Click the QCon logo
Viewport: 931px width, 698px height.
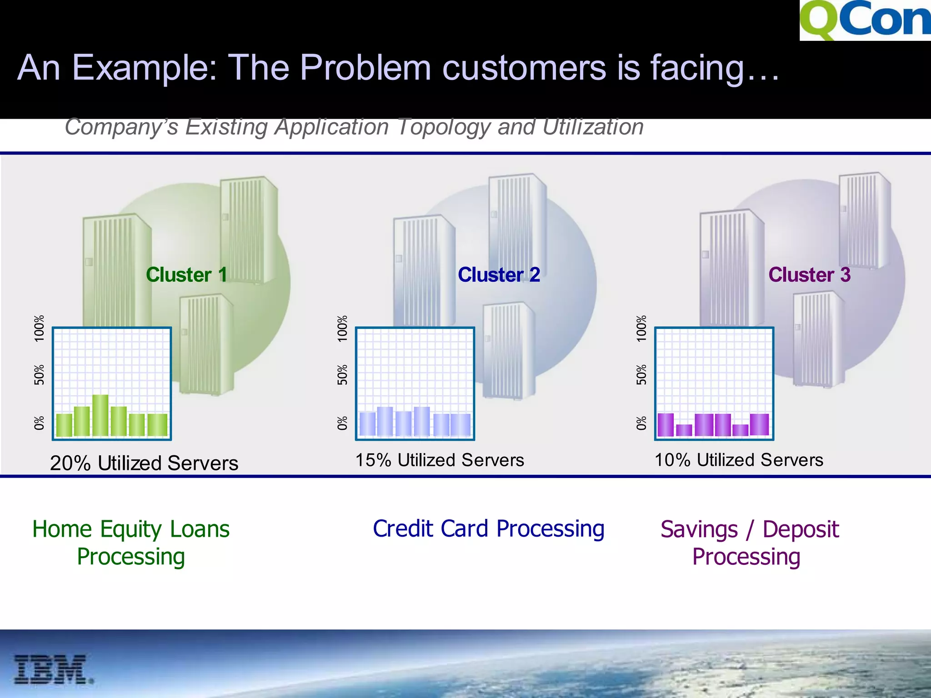865,20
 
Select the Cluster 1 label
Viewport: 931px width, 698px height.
186,274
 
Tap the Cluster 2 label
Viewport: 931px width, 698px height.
499,274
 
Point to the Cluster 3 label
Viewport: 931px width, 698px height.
809,274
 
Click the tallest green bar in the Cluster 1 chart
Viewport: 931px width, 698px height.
100,415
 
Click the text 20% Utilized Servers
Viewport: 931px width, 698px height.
144,463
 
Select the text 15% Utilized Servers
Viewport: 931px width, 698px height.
439,460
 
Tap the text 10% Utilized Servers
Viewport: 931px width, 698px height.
739,460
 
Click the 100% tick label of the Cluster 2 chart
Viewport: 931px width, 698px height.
342,328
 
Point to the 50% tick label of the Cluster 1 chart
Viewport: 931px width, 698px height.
40,374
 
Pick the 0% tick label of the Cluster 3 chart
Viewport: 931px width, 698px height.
641,423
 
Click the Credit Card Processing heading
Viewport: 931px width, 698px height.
488,528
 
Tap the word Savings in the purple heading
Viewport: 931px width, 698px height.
699,529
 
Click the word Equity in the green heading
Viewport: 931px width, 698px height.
131,529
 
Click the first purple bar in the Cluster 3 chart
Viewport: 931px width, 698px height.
666,424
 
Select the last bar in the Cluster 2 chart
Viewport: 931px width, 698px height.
460,424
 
